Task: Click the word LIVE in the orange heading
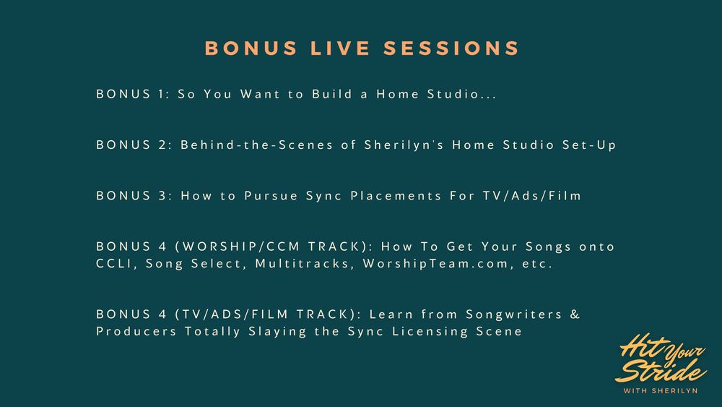(x=340, y=48)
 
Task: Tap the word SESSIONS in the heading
(x=451, y=48)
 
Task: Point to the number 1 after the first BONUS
(x=161, y=94)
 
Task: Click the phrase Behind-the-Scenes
(x=256, y=145)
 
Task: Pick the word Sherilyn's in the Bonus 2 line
(x=404, y=145)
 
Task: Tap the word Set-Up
(x=589, y=145)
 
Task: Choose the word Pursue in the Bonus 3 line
(x=271, y=196)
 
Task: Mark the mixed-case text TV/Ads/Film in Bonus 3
(x=532, y=195)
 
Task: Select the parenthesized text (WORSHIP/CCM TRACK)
(x=274, y=247)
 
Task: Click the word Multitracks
(x=305, y=264)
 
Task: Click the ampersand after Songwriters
(x=575, y=314)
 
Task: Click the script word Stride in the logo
(x=661, y=369)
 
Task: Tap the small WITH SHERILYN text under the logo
(x=661, y=391)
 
